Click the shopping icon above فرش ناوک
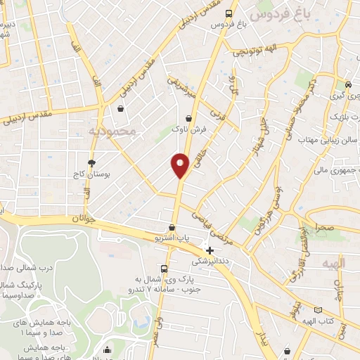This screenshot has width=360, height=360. tap(188, 119)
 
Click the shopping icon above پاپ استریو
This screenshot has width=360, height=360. tap(172, 228)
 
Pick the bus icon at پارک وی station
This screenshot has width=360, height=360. tap(164, 269)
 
